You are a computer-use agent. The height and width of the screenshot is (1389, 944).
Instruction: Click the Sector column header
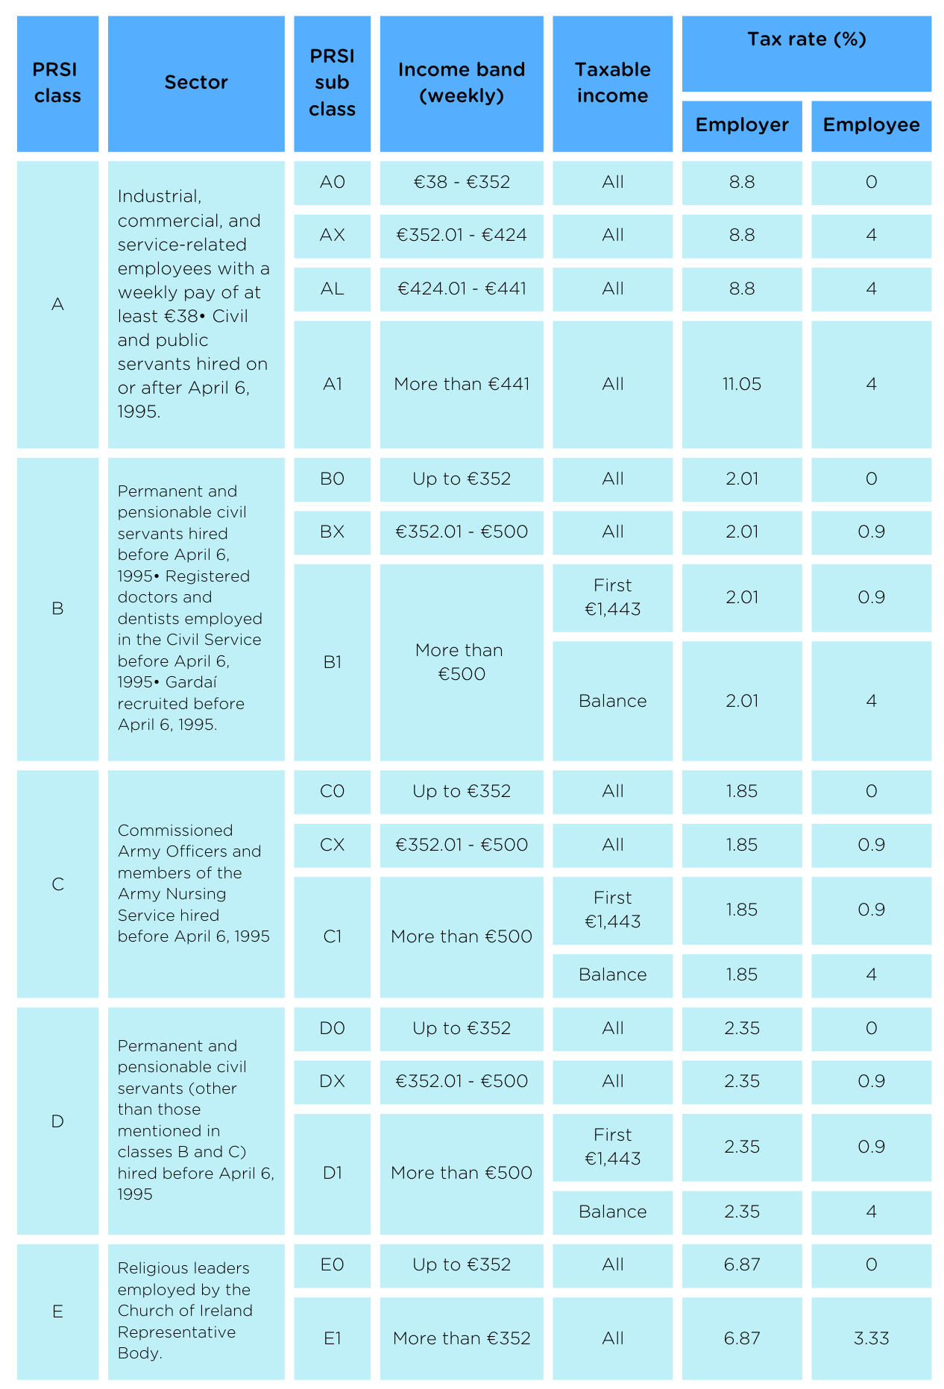(196, 83)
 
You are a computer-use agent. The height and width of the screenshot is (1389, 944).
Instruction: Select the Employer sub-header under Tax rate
(742, 125)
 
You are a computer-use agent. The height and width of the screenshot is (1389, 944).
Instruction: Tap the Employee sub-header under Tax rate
(871, 125)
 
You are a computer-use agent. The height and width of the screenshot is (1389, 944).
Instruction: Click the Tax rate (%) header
(807, 40)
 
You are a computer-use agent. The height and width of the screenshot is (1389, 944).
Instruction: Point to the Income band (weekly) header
(462, 83)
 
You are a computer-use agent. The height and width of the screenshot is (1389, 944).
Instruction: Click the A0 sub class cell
(332, 183)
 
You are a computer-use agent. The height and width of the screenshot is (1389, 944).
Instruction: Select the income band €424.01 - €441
(462, 289)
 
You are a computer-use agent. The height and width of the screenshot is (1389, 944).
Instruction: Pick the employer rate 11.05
(742, 385)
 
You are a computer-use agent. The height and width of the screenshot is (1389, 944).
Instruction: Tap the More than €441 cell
(462, 385)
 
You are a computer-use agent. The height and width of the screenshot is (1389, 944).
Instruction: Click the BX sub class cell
(332, 532)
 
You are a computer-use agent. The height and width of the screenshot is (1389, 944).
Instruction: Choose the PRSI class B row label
(57, 609)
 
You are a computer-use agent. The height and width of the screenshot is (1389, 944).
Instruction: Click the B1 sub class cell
(332, 662)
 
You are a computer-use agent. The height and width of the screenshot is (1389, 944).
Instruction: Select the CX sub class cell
(332, 845)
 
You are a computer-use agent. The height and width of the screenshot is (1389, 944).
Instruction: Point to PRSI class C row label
(57, 885)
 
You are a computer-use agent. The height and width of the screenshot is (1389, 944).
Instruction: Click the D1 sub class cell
(332, 1174)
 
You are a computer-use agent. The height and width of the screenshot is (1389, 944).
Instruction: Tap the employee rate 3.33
(871, 1339)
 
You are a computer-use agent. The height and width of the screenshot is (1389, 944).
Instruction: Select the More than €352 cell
(462, 1339)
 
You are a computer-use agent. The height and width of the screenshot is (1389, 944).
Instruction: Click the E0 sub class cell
(332, 1265)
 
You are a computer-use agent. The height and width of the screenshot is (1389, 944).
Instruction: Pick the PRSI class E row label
(57, 1312)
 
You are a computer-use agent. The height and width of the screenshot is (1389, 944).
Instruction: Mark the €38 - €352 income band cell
(462, 183)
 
